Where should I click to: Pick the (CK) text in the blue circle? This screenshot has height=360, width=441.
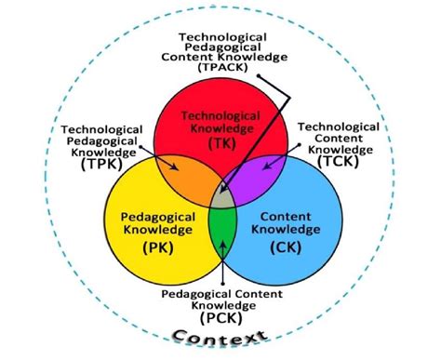tap(282, 247)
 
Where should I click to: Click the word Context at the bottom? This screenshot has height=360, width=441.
tap(220, 338)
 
